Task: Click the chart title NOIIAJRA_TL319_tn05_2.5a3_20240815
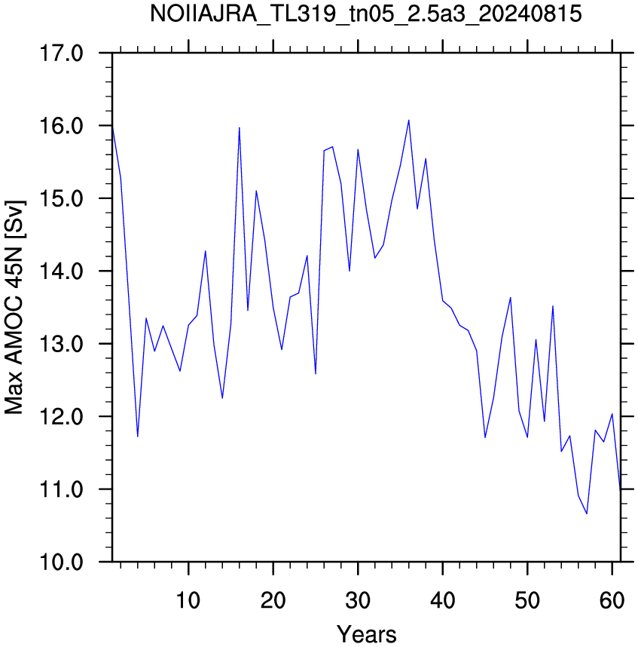365,15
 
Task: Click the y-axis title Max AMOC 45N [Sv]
14,308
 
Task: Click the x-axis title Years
366,634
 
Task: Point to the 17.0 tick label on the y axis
61,54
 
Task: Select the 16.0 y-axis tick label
61,126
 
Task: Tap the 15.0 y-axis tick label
61,198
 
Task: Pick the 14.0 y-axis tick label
61,271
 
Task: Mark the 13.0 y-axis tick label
61,344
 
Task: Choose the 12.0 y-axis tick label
61,416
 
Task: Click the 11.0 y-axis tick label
61,489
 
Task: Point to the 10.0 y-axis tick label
61,562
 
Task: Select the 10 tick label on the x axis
188,600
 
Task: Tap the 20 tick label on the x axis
273,600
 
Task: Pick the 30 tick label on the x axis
358,600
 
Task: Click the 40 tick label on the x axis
443,600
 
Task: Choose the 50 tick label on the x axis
527,600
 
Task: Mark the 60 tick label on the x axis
612,600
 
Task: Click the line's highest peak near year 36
409,120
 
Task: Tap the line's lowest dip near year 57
587,514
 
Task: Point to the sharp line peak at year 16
239,127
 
